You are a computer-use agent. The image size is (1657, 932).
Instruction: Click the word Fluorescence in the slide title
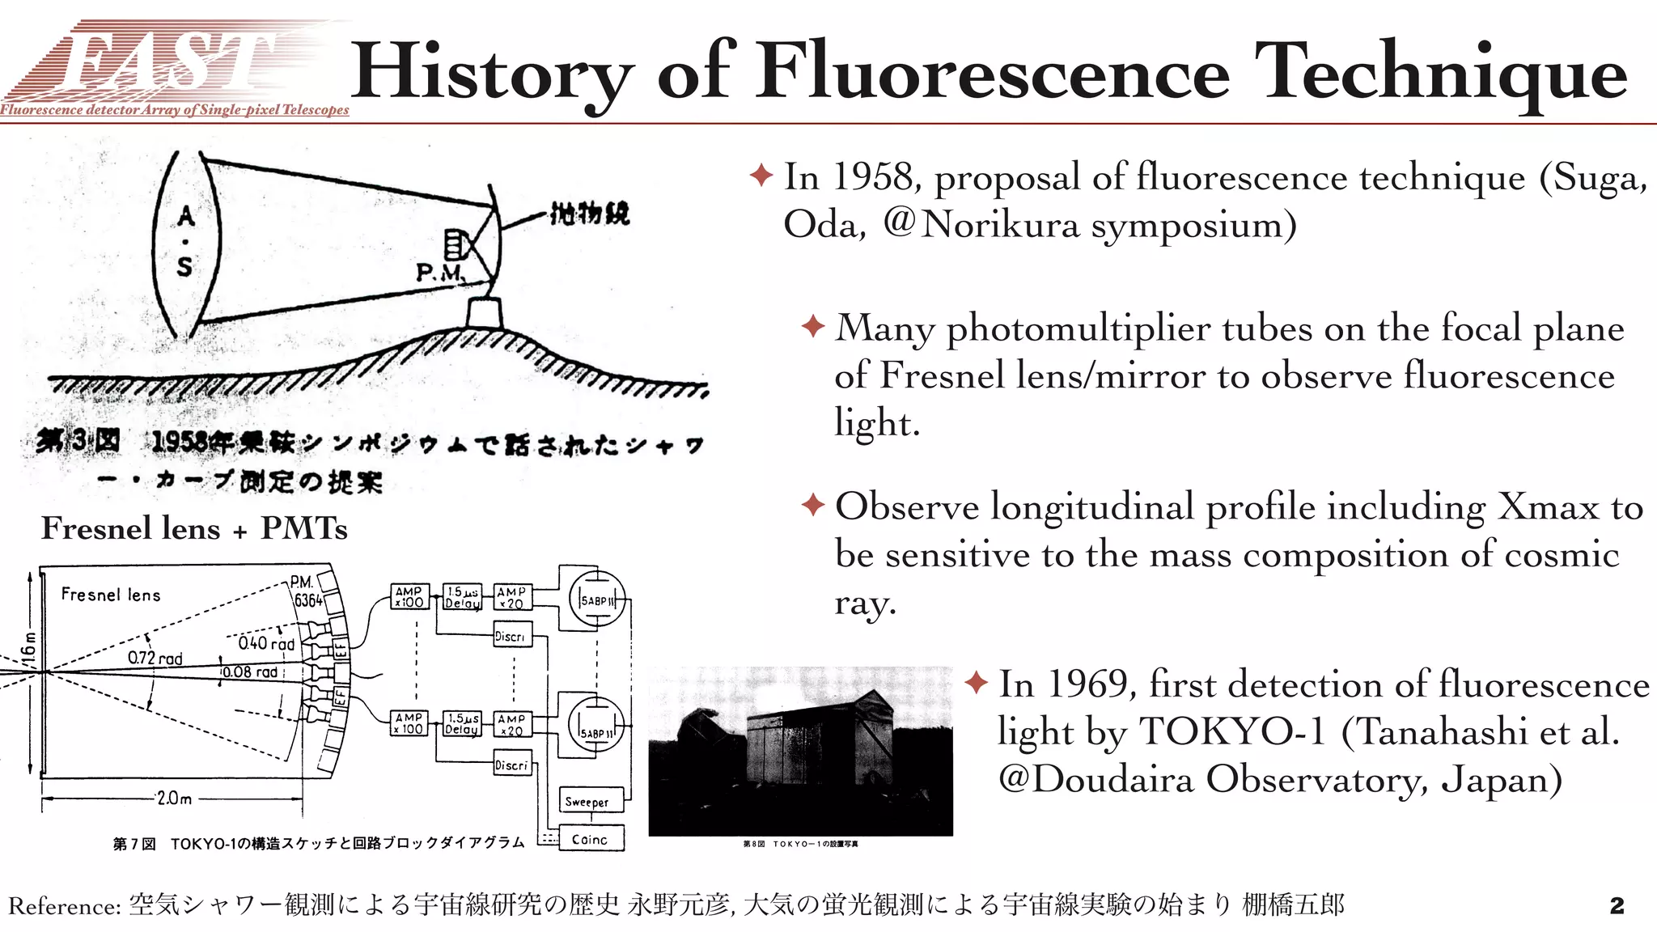(x=993, y=73)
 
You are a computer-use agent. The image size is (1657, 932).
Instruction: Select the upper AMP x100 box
(x=409, y=596)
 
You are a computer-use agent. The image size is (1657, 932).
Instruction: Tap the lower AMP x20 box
(x=511, y=724)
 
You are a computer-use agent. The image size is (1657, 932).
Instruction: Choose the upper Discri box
(x=511, y=636)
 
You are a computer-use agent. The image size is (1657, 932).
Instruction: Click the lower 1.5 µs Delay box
(x=462, y=723)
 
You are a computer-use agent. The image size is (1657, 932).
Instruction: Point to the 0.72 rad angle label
(x=155, y=658)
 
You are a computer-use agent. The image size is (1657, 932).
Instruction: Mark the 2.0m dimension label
(x=175, y=799)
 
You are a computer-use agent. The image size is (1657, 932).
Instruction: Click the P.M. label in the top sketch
(x=439, y=273)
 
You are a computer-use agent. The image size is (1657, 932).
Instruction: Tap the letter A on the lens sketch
(x=186, y=216)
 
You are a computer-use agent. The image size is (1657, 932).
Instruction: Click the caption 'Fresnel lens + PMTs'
(x=194, y=528)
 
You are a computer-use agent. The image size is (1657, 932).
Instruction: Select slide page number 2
(x=1617, y=905)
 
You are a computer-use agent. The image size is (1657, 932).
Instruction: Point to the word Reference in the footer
(x=66, y=906)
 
